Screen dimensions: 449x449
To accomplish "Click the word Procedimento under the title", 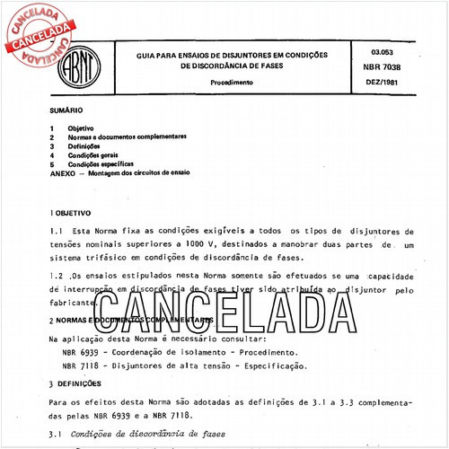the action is pos(232,82).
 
